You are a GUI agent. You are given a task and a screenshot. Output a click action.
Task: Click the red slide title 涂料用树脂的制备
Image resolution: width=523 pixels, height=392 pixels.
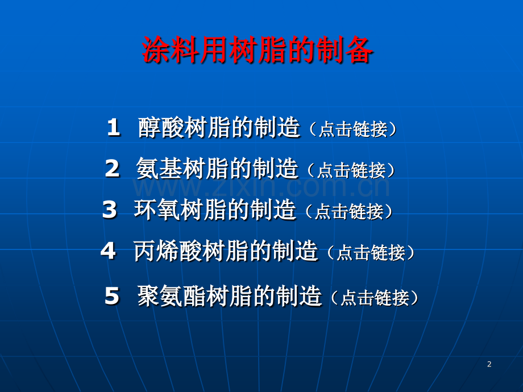[x=257, y=51]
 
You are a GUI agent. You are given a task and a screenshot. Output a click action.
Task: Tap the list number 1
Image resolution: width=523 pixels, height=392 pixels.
[x=113, y=128]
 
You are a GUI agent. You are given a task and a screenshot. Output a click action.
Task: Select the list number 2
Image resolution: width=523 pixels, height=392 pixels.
[x=112, y=169]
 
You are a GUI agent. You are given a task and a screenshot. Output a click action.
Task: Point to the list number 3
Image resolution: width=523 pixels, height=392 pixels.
[x=109, y=210]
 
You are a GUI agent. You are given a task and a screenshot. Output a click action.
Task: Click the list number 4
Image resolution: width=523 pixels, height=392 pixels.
[x=108, y=251]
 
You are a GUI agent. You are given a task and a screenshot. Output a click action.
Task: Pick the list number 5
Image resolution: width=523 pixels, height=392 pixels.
[x=112, y=297]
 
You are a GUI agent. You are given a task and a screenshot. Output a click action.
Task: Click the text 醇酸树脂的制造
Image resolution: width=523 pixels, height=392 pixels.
[x=219, y=128]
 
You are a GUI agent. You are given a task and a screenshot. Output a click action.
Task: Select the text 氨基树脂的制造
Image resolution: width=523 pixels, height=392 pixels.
[x=217, y=169]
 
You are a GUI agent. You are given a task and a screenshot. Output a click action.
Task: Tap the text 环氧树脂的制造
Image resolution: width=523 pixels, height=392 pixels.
[x=215, y=210]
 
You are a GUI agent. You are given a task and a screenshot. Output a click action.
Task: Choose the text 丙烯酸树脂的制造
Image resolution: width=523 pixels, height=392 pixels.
[x=226, y=251]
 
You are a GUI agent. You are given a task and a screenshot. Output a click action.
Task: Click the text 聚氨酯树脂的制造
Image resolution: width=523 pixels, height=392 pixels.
[x=230, y=297]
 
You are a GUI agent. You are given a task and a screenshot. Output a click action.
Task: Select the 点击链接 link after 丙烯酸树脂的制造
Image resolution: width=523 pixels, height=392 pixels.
[x=371, y=253]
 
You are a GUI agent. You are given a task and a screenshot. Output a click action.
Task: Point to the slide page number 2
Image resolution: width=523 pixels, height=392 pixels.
[x=489, y=364]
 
